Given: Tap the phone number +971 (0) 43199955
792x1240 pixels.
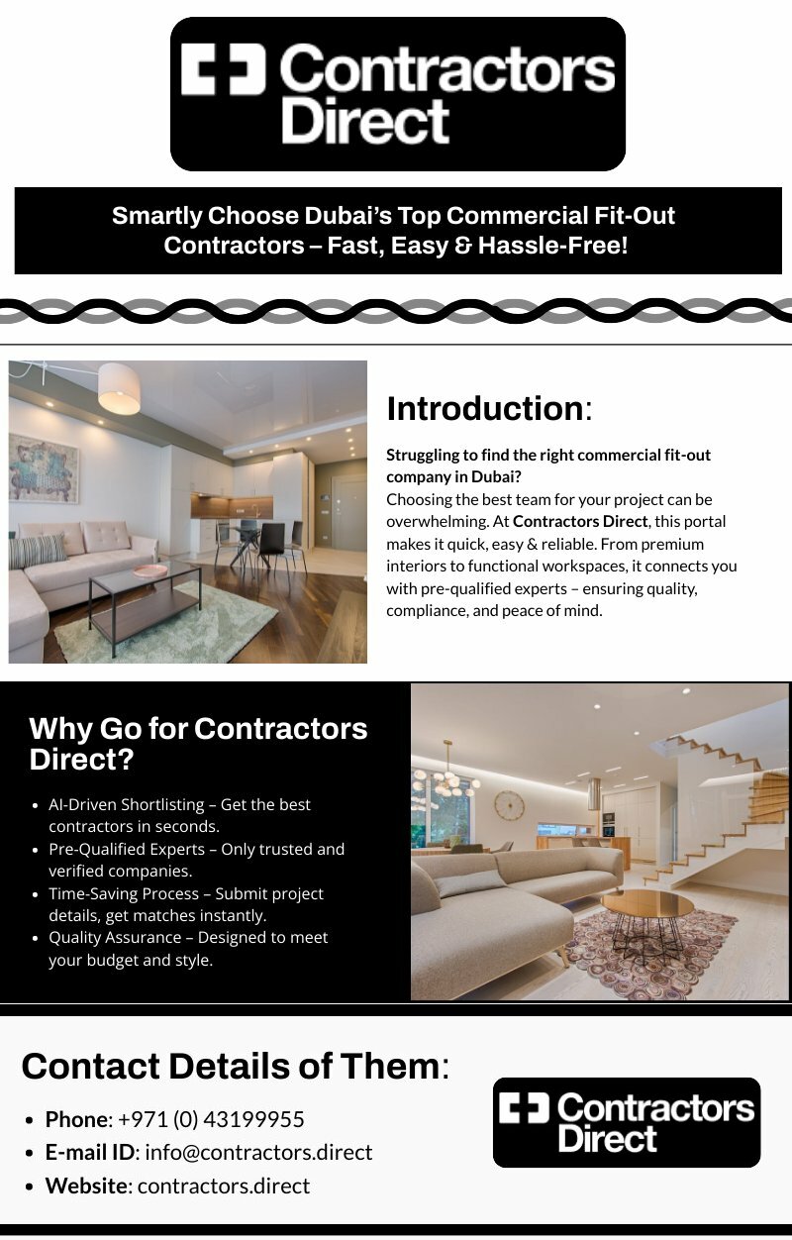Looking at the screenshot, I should pos(211,1119).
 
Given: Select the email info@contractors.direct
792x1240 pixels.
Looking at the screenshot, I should pos(258,1152).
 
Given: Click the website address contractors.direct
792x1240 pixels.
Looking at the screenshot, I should pos(224,1186).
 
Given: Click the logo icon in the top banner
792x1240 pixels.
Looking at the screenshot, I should pos(224,69).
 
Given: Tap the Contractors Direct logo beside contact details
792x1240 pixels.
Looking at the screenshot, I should pos(626,1122).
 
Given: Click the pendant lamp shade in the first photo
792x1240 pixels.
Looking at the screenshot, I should pos(119,387).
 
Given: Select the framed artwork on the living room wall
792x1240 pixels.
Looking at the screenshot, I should pos(43,467).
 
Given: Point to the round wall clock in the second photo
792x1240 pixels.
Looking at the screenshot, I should pos(509,804).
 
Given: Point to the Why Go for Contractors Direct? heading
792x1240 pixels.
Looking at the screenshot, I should pos(198,743).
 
